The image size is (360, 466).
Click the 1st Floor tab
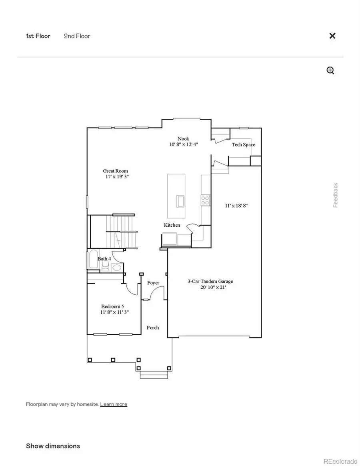[x=38, y=36]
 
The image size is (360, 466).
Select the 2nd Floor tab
[x=77, y=36]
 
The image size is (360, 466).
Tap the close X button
[x=332, y=36]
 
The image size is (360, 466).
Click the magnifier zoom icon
[x=330, y=71]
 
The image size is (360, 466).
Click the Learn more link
[x=114, y=404]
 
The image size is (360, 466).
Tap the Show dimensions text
[x=53, y=446]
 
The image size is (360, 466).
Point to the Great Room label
[x=116, y=171]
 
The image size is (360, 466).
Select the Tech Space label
[x=243, y=145]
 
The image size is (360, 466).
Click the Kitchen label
[x=172, y=225]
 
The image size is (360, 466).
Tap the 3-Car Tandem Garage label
[x=210, y=282]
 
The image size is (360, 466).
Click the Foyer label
[x=153, y=283]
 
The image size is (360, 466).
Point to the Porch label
[x=153, y=328]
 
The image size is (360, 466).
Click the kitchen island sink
[x=180, y=200]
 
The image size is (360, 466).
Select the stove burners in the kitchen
[x=206, y=200]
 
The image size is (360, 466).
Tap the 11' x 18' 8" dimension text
[x=236, y=206]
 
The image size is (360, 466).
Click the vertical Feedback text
[x=336, y=195]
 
